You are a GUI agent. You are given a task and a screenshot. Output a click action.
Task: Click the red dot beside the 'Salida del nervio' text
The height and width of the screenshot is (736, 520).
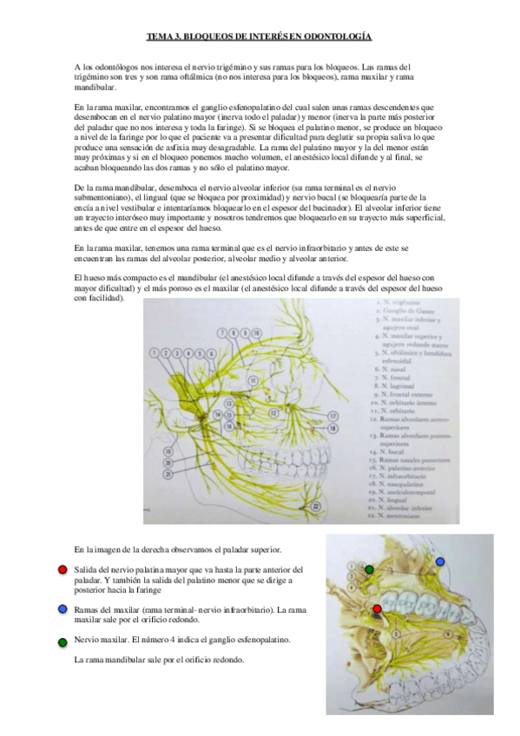[x=63, y=568]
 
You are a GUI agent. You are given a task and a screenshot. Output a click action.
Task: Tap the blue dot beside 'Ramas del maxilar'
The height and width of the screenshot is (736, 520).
[x=63, y=609]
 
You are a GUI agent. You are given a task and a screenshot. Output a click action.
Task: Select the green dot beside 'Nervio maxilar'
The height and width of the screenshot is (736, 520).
[x=63, y=641]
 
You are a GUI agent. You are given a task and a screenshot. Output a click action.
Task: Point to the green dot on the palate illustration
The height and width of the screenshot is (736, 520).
[x=370, y=569]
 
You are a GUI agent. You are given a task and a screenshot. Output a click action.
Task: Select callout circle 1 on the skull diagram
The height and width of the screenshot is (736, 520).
[x=155, y=352]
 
